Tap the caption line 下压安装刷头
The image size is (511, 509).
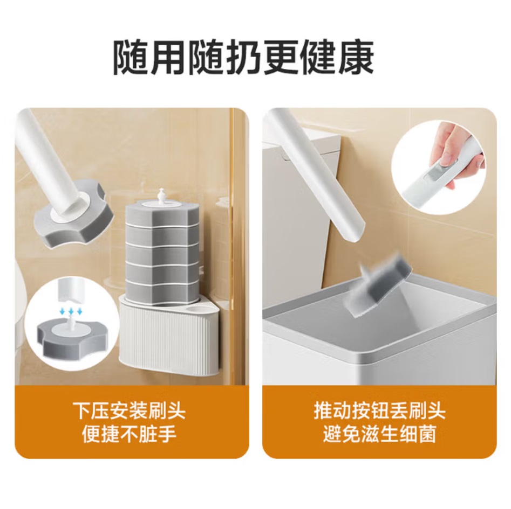(129, 411)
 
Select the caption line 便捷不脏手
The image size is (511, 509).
(129, 434)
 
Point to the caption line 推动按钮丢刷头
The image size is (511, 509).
(380, 411)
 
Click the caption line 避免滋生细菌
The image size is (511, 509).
(380, 434)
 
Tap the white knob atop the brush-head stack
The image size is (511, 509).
(160, 195)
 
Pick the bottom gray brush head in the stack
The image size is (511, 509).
(161, 288)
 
